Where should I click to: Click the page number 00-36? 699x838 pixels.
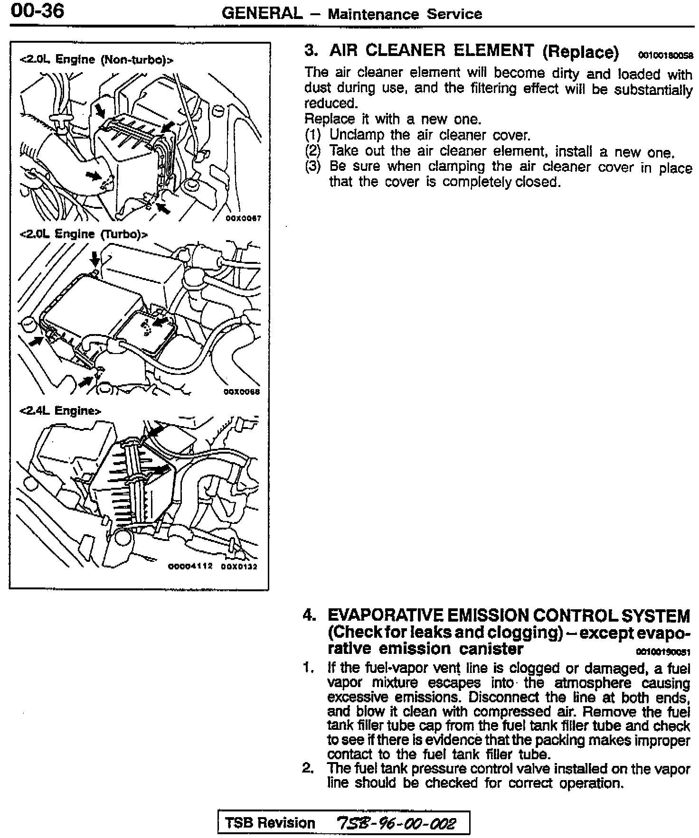[37, 10]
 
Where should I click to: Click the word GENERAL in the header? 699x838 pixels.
[262, 13]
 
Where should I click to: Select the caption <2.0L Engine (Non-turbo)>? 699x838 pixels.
[96, 60]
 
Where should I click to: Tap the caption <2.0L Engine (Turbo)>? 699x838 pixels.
[84, 234]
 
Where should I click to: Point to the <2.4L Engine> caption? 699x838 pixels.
[60, 410]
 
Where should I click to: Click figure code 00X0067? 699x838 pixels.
[243, 219]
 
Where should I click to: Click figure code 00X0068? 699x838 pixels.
[242, 392]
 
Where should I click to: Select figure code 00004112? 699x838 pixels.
[190, 567]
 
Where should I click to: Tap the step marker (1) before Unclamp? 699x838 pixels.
[313, 135]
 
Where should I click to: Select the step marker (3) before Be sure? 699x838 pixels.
[313, 167]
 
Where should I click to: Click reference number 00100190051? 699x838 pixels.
[663, 652]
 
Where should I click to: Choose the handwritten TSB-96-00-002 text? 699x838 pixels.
[396, 822]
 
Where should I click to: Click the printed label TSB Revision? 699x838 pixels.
[270, 822]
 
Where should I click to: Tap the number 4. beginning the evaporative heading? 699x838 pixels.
[309, 616]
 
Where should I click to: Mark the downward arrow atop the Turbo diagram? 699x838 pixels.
[95, 259]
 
